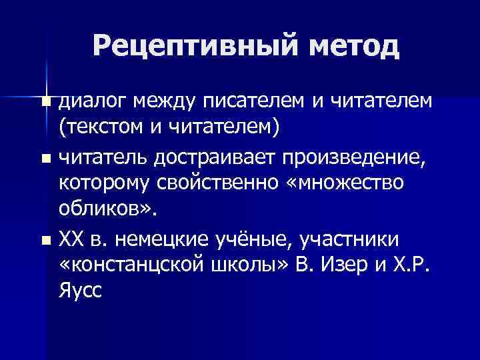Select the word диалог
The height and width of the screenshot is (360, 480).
pos(93,101)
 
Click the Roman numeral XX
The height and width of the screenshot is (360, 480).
pos(71,238)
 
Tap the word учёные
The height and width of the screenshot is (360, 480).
pos(265,238)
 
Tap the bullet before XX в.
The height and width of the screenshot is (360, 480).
pos(45,239)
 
